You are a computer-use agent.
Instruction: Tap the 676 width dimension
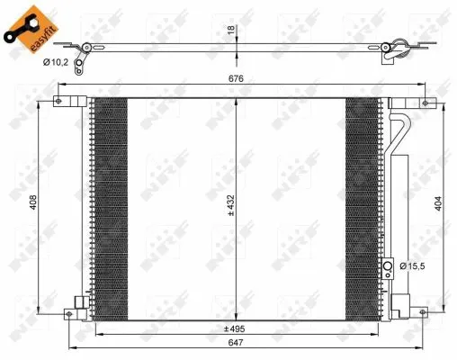(236, 79)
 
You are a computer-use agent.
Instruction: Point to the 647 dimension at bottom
(236, 344)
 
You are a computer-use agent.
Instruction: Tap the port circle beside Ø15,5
(390, 265)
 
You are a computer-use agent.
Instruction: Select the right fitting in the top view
(391, 52)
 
